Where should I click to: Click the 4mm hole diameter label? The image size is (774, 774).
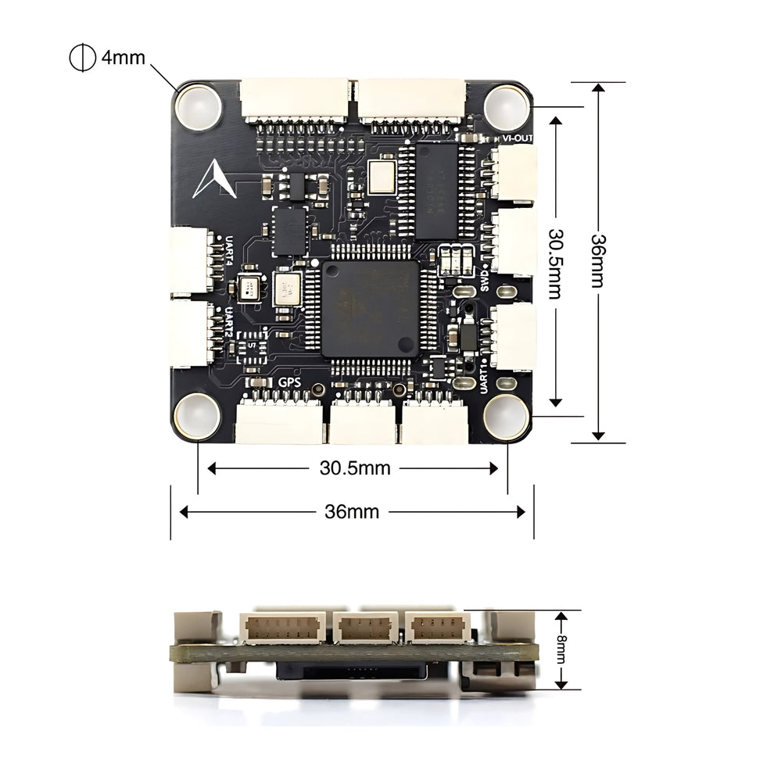123,58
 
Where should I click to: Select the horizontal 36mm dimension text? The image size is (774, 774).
351,511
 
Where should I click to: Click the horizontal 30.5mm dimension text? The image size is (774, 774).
354,468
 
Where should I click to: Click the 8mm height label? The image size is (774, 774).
561,650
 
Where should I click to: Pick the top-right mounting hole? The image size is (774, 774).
504,106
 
